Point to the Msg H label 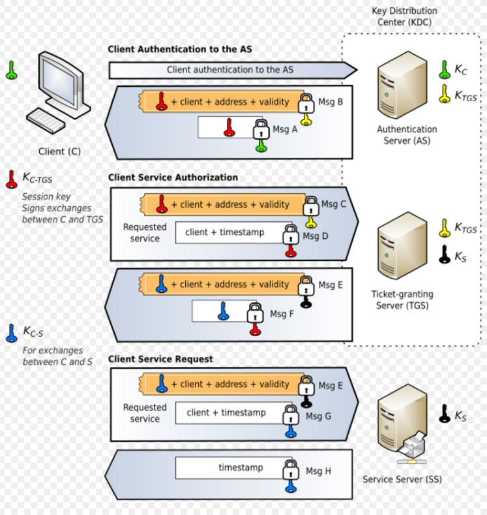click(319, 471)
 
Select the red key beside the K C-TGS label click(11, 179)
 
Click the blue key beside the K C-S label click(11, 333)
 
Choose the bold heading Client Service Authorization click(173, 178)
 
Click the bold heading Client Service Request click(160, 359)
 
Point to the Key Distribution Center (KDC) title click(404, 16)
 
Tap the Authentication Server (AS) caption click(407, 135)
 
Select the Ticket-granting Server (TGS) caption click(402, 300)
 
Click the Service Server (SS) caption click(402, 480)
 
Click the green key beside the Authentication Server click(445, 69)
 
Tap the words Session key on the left click(46, 196)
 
